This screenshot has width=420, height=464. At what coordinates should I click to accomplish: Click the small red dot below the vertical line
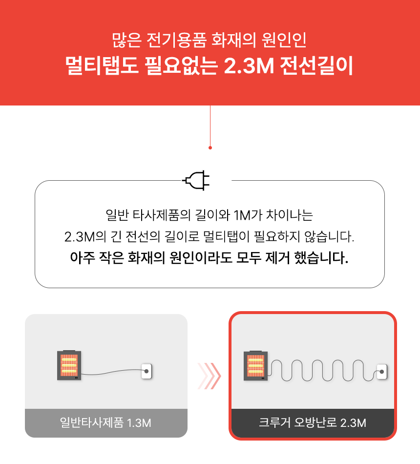point(210,148)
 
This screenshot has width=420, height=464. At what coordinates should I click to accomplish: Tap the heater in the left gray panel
point(69,365)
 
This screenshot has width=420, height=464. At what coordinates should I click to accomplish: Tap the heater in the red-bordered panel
point(255,365)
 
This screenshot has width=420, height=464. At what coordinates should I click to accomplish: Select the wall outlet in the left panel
point(147,371)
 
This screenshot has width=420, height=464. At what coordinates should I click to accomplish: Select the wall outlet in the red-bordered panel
point(382,372)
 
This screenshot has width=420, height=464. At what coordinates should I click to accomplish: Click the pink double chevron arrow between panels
point(209,376)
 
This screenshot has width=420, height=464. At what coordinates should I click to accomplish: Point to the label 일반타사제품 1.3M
point(105,422)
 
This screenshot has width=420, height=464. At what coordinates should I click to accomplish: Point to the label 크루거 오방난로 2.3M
point(312,422)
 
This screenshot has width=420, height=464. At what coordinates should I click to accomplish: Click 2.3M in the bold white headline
point(249,65)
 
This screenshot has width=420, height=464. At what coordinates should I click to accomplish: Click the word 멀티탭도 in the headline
point(102,65)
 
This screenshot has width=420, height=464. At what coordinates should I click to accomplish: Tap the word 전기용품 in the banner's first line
point(176,40)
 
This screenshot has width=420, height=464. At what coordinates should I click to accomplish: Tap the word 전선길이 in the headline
point(316,65)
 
